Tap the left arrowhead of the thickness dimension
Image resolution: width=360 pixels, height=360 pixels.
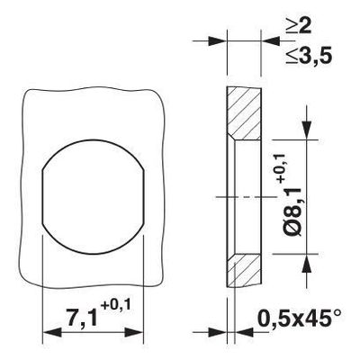[220, 40]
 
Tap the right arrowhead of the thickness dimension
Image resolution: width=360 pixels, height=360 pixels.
[261, 40]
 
